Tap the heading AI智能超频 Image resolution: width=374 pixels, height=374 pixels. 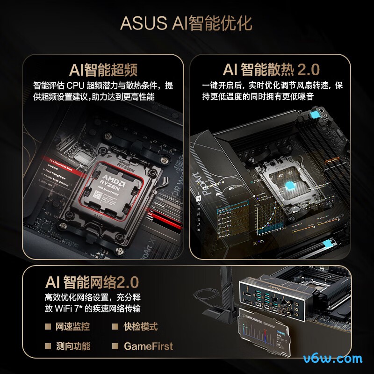(103, 70)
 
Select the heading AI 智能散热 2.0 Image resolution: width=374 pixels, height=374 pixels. (271, 70)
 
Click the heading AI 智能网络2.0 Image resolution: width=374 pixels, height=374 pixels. (92, 282)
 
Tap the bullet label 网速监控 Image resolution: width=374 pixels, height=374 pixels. (72, 326)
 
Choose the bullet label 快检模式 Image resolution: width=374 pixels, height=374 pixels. (141, 326)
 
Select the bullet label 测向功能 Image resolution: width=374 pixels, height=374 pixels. (72, 346)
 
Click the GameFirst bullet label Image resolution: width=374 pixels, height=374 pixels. (148, 346)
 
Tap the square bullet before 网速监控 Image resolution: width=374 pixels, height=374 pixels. (48, 326)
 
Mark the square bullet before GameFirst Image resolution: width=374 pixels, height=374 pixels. (115, 346)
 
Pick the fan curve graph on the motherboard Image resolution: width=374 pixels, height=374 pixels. (270, 215)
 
